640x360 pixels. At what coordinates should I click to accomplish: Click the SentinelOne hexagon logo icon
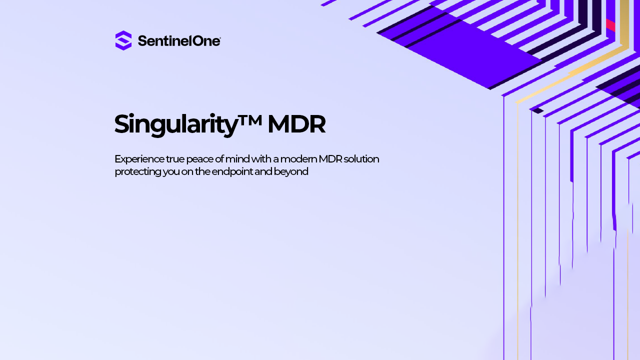[x=123, y=40]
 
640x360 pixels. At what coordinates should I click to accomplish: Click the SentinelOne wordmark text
[x=179, y=41]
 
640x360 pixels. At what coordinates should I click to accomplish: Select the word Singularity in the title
[x=176, y=124]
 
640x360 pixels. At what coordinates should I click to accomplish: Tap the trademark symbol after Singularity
[x=249, y=120]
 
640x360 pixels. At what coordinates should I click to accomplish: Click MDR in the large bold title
[x=296, y=124]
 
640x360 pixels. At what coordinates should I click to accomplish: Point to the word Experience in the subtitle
[x=139, y=159]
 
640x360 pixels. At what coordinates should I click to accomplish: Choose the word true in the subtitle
[x=175, y=159]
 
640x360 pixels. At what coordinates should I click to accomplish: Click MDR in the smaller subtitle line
[x=330, y=159]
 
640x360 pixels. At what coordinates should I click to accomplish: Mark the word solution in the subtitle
[x=361, y=159]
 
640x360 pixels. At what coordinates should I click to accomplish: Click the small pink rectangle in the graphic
[x=610, y=25]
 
